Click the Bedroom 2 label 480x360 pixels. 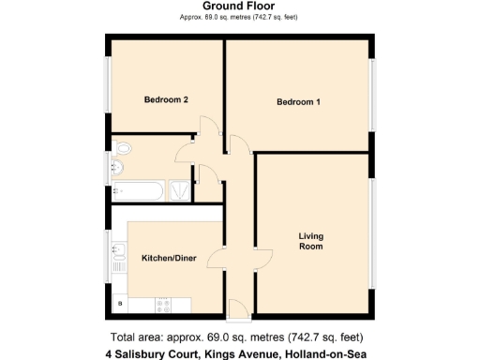click(x=166, y=99)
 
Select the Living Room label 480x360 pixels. click(x=310, y=241)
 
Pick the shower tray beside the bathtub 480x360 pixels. click(x=179, y=190)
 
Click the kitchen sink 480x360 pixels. click(x=119, y=253)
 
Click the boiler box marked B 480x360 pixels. click(x=119, y=303)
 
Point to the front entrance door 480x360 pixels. click(x=238, y=306)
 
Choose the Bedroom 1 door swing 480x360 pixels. click(x=238, y=142)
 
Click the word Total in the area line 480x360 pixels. click(x=126, y=337)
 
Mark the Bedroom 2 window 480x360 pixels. click(x=107, y=89)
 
